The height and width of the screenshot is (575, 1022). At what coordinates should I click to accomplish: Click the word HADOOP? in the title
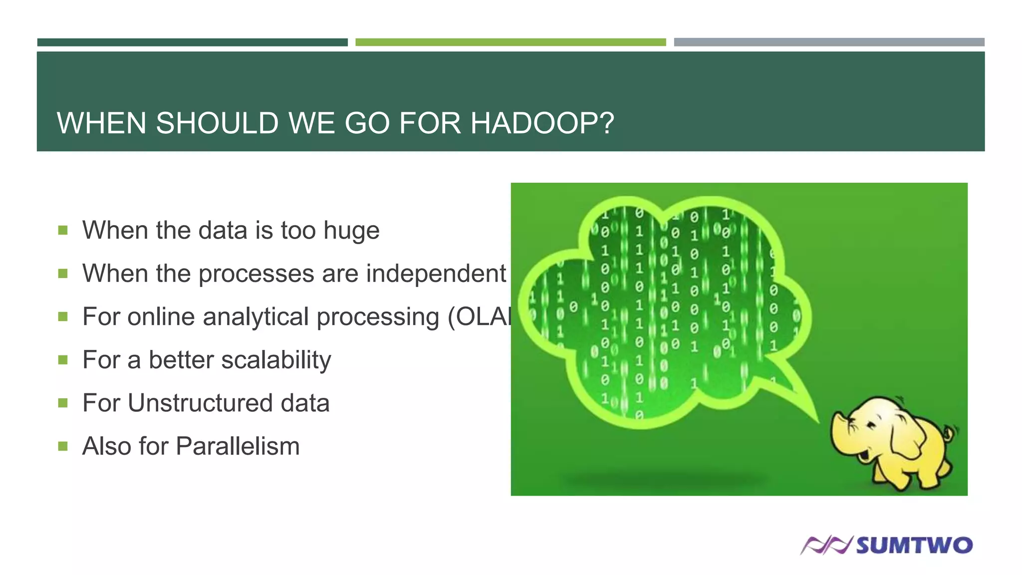pos(542,123)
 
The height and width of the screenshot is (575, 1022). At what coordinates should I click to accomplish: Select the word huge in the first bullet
pos(351,231)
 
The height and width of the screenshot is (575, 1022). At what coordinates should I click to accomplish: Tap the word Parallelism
pos(238,446)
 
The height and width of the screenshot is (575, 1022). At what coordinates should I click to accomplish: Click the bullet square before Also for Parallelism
pos(63,446)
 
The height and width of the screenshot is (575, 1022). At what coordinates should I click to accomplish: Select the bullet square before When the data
pos(63,230)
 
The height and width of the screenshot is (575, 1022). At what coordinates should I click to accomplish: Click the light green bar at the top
pos(511,42)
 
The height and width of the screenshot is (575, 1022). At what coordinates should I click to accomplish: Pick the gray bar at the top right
pos(829,42)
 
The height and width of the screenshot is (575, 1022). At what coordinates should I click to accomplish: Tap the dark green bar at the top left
pos(192,42)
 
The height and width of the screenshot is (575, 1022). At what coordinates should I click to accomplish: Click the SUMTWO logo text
pos(914,545)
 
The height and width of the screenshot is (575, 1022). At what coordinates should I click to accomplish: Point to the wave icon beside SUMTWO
pos(826,545)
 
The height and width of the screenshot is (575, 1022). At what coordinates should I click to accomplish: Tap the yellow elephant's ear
pos(907,439)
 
